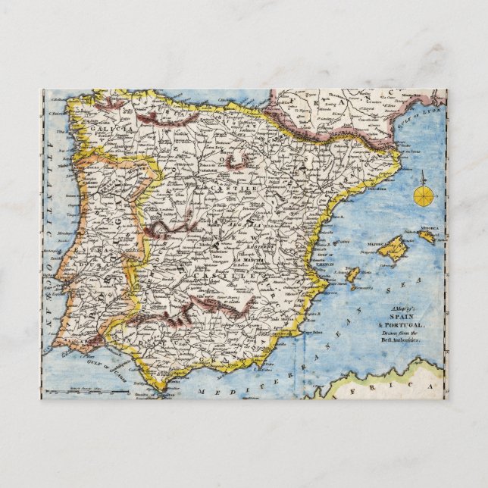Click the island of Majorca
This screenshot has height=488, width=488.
tap(395, 249)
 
